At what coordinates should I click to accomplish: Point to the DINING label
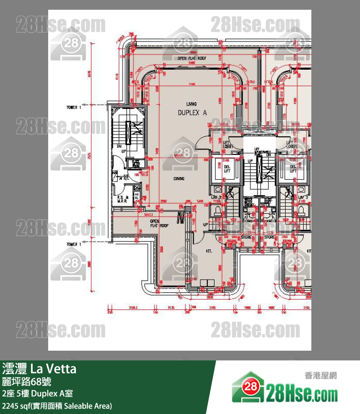179,179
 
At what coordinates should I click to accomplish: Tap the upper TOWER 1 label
74,106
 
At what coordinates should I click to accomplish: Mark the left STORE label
246,237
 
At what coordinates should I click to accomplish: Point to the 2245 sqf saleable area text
57,405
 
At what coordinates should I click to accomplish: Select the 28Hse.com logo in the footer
285,390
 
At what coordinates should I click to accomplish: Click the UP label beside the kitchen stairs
205,226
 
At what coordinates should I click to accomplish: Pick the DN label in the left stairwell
119,146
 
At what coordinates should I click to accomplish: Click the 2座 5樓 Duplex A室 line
38,394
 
